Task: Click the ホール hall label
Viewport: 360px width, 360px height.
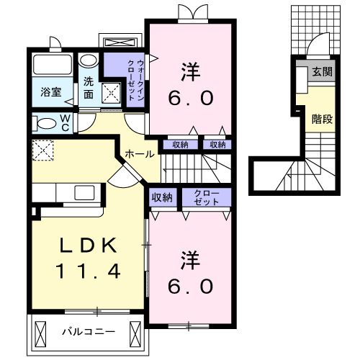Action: point(138,154)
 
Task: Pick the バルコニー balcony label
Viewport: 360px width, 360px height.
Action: point(81,333)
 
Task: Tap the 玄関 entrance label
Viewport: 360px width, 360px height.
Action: point(322,72)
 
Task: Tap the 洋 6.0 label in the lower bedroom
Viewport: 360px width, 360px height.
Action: point(192,272)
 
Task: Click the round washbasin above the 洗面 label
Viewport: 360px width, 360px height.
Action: point(86,60)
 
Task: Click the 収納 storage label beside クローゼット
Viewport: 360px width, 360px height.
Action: point(162,197)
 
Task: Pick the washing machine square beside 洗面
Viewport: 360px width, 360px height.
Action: point(111,92)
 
